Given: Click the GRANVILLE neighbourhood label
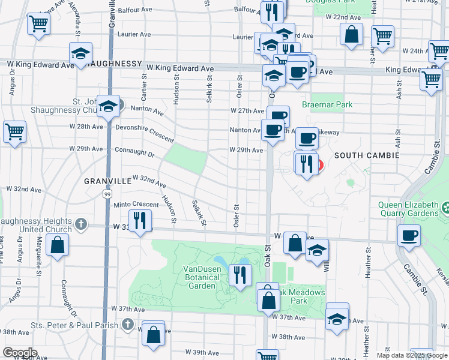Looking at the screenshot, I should (x=107, y=180).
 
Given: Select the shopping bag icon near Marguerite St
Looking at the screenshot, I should (x=58, y=245).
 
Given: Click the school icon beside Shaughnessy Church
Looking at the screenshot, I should (x=108, y=106).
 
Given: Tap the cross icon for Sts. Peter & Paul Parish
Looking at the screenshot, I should (x=127, y=324).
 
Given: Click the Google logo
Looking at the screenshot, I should (x=20, y=353).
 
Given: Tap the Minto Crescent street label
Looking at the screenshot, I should (x=136, y=205).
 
